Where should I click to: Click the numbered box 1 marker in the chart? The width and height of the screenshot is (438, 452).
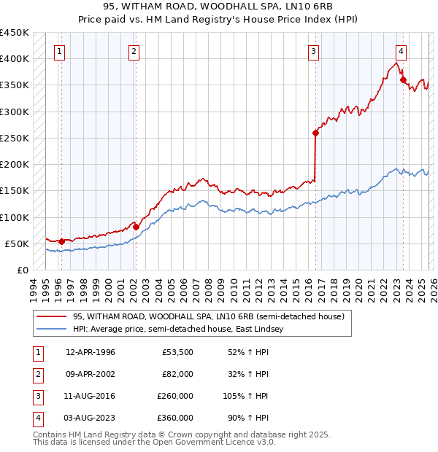59,51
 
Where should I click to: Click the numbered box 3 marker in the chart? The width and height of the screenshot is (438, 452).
313,51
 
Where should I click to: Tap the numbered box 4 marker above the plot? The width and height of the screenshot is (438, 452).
401,51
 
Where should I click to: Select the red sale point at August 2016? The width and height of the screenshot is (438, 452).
316,133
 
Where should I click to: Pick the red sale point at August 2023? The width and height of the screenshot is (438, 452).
403,79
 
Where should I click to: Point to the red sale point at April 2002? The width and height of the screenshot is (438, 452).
136,227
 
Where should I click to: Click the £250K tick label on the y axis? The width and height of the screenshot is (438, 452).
15,138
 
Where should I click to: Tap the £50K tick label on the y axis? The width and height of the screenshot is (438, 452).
17,243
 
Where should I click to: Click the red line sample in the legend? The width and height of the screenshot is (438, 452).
52,317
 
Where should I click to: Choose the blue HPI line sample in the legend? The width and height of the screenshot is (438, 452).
52,330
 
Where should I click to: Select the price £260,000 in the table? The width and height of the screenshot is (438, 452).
175,397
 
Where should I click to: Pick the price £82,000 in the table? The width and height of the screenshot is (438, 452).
177,375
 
